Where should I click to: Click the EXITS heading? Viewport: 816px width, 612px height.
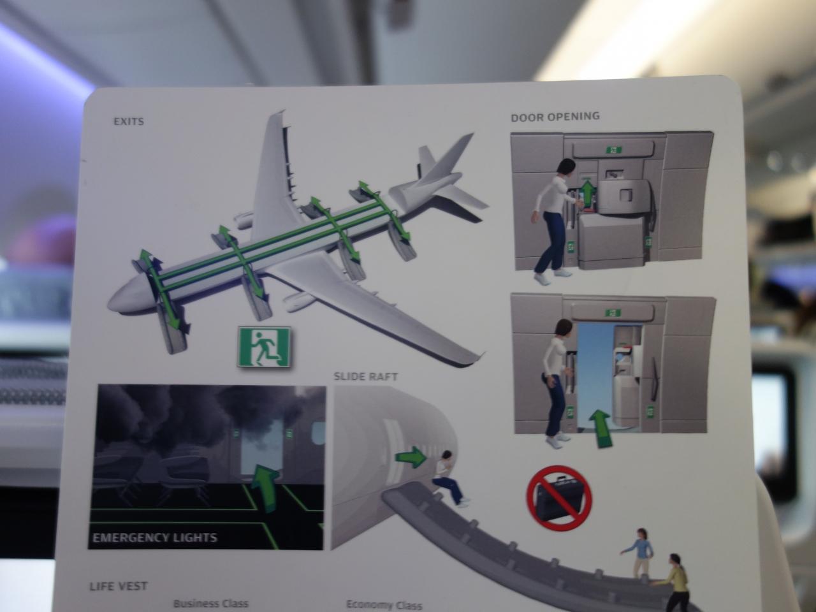point(129,122)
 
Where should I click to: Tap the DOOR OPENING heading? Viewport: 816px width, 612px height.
point(555,117)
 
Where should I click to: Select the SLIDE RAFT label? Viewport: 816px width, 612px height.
point(366,376)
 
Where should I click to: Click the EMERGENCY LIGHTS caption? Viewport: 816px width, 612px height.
point(155,537)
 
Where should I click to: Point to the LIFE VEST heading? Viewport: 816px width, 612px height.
point(118,586)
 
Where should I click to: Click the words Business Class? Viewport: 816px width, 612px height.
point(211,603)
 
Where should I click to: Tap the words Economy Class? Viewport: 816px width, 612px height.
point(384,604)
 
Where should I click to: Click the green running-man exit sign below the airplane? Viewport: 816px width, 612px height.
point(265,347)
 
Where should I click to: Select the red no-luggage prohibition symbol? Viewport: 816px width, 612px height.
point(558,497)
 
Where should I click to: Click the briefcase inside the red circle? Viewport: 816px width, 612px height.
point(558,498)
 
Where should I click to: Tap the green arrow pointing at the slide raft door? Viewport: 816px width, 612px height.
point(411,457)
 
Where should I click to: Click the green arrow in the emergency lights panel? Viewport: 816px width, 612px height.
point(265,485)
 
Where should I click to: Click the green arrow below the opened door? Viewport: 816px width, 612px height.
point(600,428)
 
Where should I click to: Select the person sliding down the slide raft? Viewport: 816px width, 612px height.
point(448,479)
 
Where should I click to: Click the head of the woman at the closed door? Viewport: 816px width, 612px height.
point(565,169)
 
